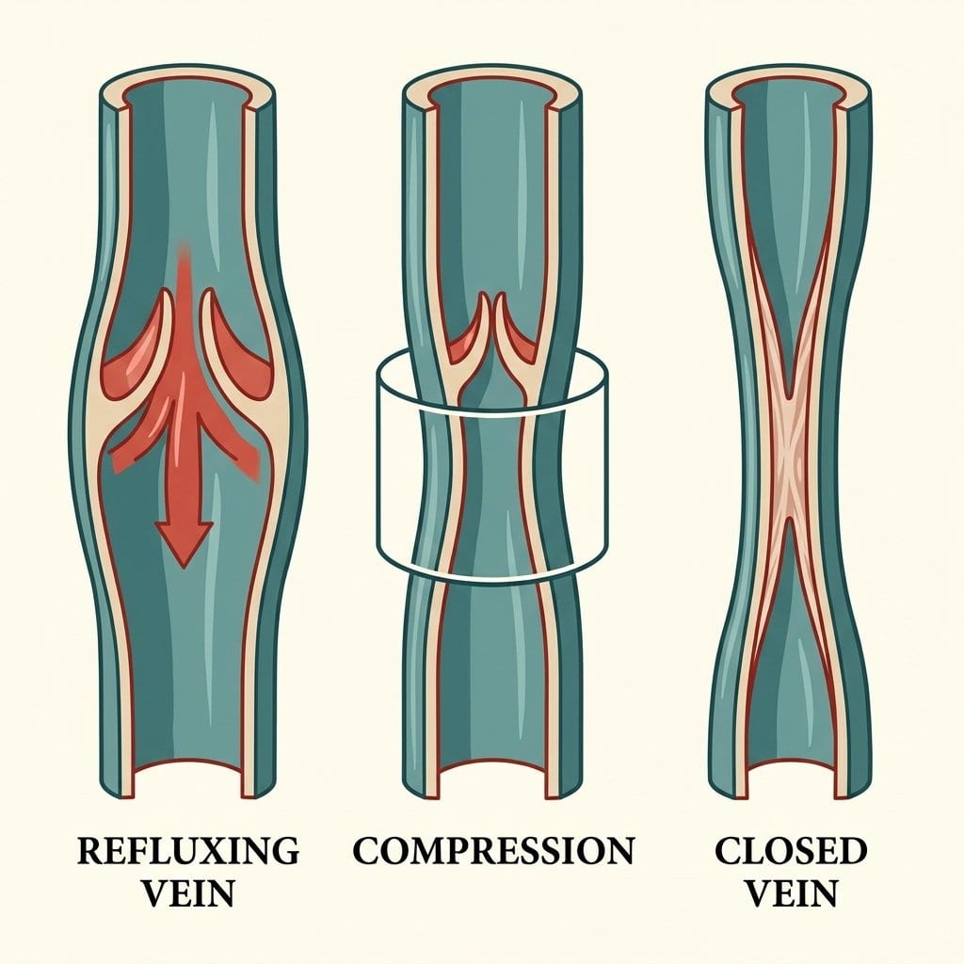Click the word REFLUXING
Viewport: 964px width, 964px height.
pyautogui.click(x=188, y=850)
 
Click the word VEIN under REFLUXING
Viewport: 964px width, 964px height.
pyautogui.click(x=188, y=893)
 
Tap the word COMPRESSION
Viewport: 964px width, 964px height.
pyautogui.click(x=493, y=850)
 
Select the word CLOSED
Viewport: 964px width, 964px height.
pyautogui.click(x=791, y=850)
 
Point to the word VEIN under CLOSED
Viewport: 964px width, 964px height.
pyautogui.click(x=791, y=893)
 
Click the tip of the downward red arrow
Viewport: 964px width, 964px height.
pyautogui.click(x=184, y=566)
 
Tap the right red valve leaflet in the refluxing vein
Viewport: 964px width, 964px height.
pyautogui.click(x=236, y=357)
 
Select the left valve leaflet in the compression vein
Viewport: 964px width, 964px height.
pyautogui.click(x=467, y=338)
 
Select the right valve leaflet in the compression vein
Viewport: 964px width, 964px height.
pyautogui.click(x=518, y=338)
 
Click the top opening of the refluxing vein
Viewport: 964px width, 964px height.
pyautogui.click(x=187, y=85)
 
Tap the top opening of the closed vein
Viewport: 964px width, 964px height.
pyautogui.click(x=790, y=85)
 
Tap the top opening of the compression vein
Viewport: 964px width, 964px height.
pyautogui.click(x=491, y=85)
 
